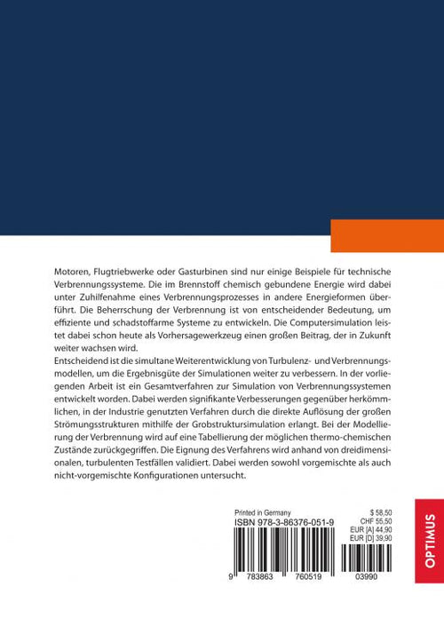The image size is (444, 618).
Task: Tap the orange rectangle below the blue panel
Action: tap(386, 235)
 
